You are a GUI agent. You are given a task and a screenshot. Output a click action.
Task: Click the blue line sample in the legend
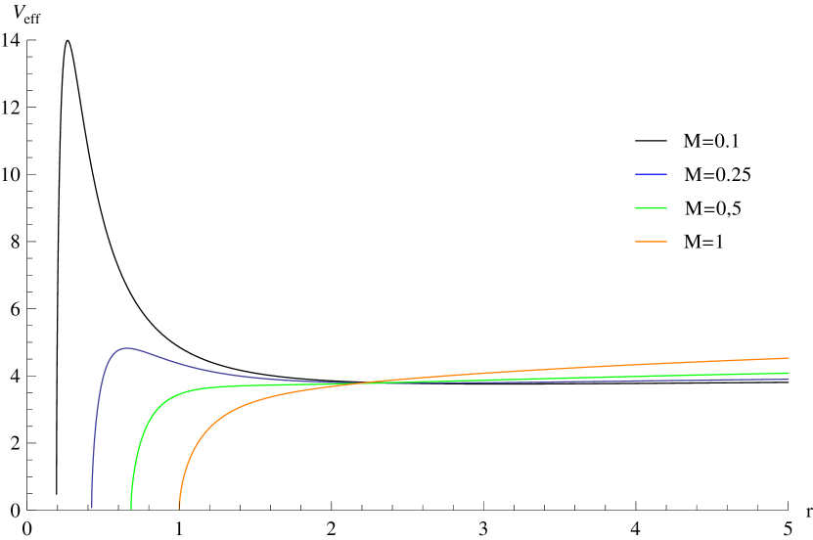(651, 174)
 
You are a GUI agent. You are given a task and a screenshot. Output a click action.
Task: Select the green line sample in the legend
(651, 207)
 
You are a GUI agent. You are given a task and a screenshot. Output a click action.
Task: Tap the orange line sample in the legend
(651, 241)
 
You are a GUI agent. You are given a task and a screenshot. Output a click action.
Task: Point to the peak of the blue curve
(125, 347)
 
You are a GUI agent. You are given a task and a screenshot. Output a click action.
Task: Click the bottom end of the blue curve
(92, 508)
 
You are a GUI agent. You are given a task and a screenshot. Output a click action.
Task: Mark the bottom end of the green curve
(131, 508)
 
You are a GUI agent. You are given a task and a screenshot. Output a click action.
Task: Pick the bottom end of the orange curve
(179, 508)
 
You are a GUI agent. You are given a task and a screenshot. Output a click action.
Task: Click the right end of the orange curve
(789, 358)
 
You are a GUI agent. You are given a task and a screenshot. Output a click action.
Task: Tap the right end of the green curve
(789, 373)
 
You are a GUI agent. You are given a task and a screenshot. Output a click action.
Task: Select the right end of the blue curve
(789, 379)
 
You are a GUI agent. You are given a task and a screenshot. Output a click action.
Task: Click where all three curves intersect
(357, 382)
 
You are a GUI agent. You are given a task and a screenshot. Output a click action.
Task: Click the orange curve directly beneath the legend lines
(651, 366)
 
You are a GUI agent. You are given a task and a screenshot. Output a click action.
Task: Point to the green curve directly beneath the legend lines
(651, 376)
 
